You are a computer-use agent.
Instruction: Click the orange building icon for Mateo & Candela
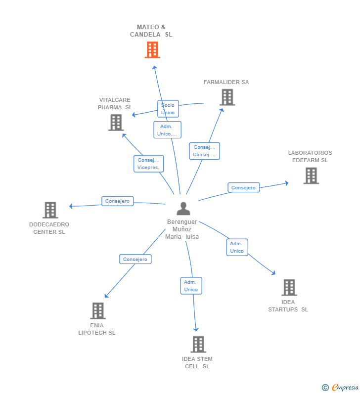152,50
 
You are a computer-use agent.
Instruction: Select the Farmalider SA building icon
227,97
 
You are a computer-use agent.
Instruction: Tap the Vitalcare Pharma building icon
116,123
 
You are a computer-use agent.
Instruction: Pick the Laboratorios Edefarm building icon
311,175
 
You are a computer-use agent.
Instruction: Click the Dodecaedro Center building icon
50,210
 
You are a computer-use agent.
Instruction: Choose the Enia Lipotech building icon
98,311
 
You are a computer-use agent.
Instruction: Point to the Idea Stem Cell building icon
198,345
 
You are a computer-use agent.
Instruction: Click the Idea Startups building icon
289,288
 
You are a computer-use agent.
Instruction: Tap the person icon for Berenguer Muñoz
183,209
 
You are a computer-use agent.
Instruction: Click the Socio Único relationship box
168,109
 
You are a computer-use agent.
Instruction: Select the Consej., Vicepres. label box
149,164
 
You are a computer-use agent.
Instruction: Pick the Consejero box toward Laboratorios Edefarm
244,187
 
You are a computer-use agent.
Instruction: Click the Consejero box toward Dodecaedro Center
118,201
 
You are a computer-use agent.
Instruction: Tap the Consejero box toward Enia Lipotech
135,259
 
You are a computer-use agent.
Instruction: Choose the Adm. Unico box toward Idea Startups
237,247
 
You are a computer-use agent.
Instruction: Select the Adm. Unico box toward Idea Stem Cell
191,286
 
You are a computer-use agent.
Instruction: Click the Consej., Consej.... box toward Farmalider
204,151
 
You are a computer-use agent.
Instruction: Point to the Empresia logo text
345,387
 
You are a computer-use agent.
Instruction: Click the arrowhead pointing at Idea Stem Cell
196,329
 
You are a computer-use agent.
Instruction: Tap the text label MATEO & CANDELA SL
151,31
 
